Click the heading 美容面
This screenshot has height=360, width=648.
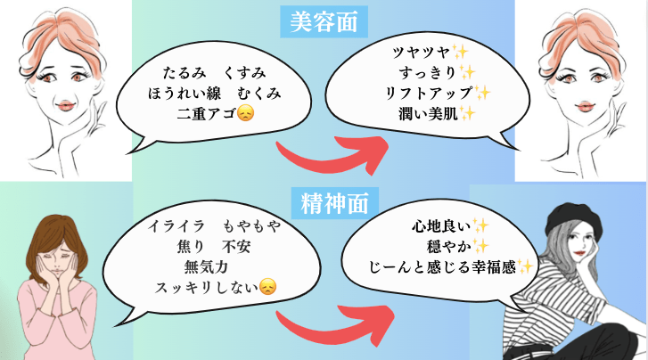324,20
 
